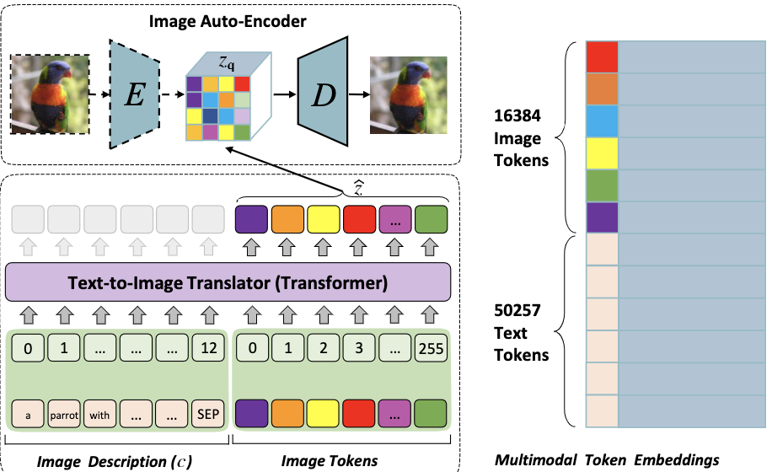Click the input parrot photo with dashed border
50,94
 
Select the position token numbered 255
430,347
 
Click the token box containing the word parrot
63,415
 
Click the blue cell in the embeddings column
602,121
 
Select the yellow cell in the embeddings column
602,153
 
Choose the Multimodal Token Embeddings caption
607,459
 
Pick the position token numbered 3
357,347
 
